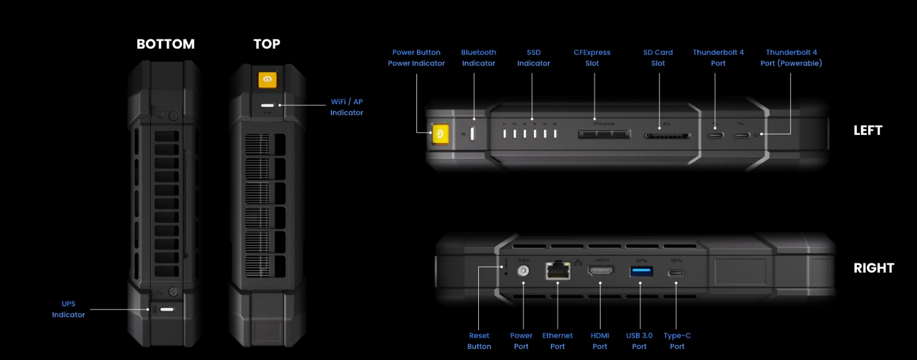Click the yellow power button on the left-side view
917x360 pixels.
pyautogui.click(x=439, y=134)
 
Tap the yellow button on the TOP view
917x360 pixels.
pyautogui.click(x=267, y=80)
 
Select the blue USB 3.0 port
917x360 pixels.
pyautogui.click(x=640, y=271)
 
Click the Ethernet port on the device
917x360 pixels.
pyautogui.click(x=557, y=270)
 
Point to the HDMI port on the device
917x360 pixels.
pyautogui.click(x=601, y=270)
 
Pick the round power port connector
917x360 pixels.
pyautogui.click(x=523, y=271)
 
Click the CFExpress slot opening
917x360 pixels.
pyautogui.click(x=604, y=134)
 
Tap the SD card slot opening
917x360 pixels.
pyautogui.click(x=667, y=136)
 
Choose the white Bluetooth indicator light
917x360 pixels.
pyautogui.click(x=472, y=133)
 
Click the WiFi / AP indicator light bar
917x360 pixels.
pyautogui.click(x=267, y=106)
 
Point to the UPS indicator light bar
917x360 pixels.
pyautogui.click(x=167, y=310)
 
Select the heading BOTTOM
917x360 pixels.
pyautogui.click(x=165, y=44)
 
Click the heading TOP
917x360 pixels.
pyautogui.click(x=267, y=44)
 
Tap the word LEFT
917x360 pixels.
pyautogui.click(x=868, y=131)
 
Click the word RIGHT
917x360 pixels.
pyautogui.click(x=874, y=268)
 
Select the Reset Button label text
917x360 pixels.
pyautogui.click(x=479, y=341)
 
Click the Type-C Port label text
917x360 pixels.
pyautogui.click(x=677, y=341)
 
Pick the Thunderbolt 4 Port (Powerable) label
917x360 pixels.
pyautogui.click(x=791, y=58)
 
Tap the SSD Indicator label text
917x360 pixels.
pyautogui.click(x=534, y=58)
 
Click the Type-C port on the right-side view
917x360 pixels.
pyautogui.click(x=676, y=273)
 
